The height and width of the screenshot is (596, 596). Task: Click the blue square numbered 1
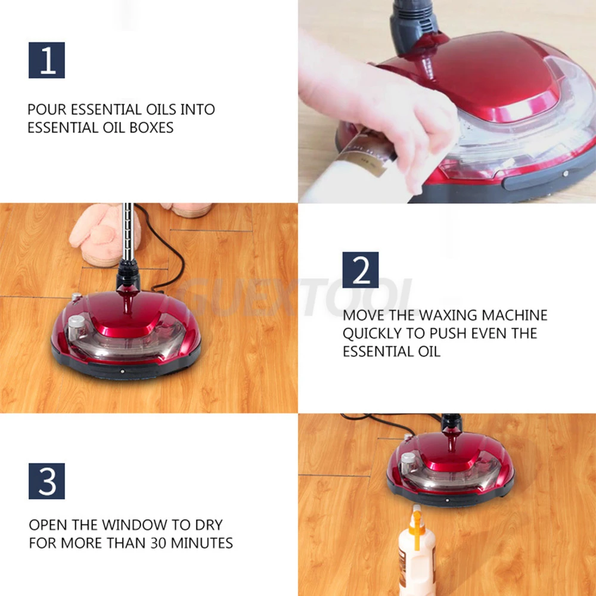[x=46, y=60]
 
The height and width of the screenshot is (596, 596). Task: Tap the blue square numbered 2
[x=361, y=270]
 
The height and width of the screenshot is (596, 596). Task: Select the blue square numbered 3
[x=46, y=481]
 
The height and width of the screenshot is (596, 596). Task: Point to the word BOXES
[x=151, y=128]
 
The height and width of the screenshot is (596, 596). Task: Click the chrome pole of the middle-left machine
[x=128, y=232]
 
